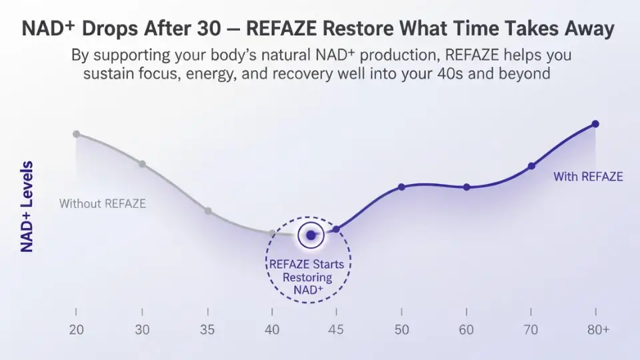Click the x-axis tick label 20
(76, 330)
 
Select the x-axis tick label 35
(208, 330)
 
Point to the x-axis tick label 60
(467, 330)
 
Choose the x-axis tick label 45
(337, 330)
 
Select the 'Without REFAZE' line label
(103, 203)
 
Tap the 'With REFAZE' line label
(588, 177)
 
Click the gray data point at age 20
(76, 134)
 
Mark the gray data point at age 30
(142, 164)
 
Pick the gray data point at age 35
(208, 211)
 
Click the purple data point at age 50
(401, 187)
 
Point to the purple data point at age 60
(467, 187)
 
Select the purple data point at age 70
(531, 166)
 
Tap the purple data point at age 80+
(595, 124)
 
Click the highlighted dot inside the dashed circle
(311, 235)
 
